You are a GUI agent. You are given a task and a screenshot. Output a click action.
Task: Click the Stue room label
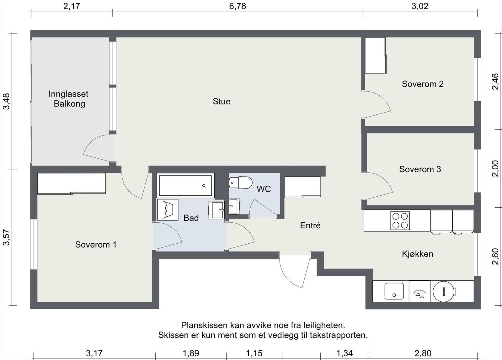coord(222,102)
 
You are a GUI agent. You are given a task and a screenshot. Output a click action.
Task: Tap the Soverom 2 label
coord(423,84)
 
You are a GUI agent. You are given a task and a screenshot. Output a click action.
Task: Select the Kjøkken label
coord(418,254)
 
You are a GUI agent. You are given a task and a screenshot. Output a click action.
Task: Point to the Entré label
coord(310,225)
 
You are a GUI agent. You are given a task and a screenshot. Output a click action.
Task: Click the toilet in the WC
coord(240,183)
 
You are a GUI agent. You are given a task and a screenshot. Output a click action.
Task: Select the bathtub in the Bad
coord(185,186)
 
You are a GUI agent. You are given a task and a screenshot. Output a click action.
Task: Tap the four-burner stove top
coord(400,221)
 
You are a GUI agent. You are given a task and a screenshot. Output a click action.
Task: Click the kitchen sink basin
coord(394,291)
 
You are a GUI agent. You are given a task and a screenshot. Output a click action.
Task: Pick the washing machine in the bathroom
coord(168,210)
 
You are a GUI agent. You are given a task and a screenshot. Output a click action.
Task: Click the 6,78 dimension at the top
coord(237,6)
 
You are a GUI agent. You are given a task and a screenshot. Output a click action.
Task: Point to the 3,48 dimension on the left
coord(6,101)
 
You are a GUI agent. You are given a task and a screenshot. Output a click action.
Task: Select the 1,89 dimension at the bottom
coord(191,353)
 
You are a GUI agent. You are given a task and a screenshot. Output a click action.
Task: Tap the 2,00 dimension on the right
coord(495,168)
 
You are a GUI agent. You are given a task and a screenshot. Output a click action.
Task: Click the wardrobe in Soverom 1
coord(72,183)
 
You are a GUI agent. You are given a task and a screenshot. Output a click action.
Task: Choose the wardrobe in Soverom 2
coord(376,55)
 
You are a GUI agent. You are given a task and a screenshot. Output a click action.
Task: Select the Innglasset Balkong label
coord(68,99)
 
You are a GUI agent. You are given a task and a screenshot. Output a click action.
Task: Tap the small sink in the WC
coord(234,206)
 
